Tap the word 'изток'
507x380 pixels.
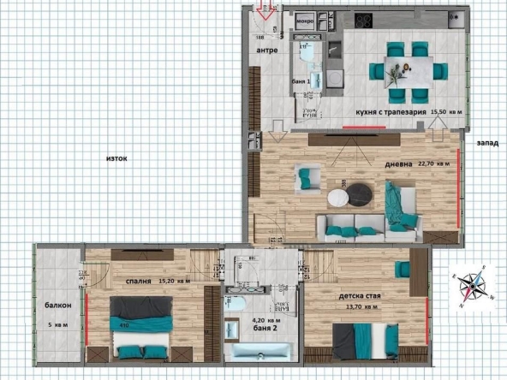point(116,158)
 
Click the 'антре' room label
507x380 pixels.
point(267,50)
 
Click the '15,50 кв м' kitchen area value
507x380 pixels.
point(446,112)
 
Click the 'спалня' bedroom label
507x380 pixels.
point(137,280)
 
